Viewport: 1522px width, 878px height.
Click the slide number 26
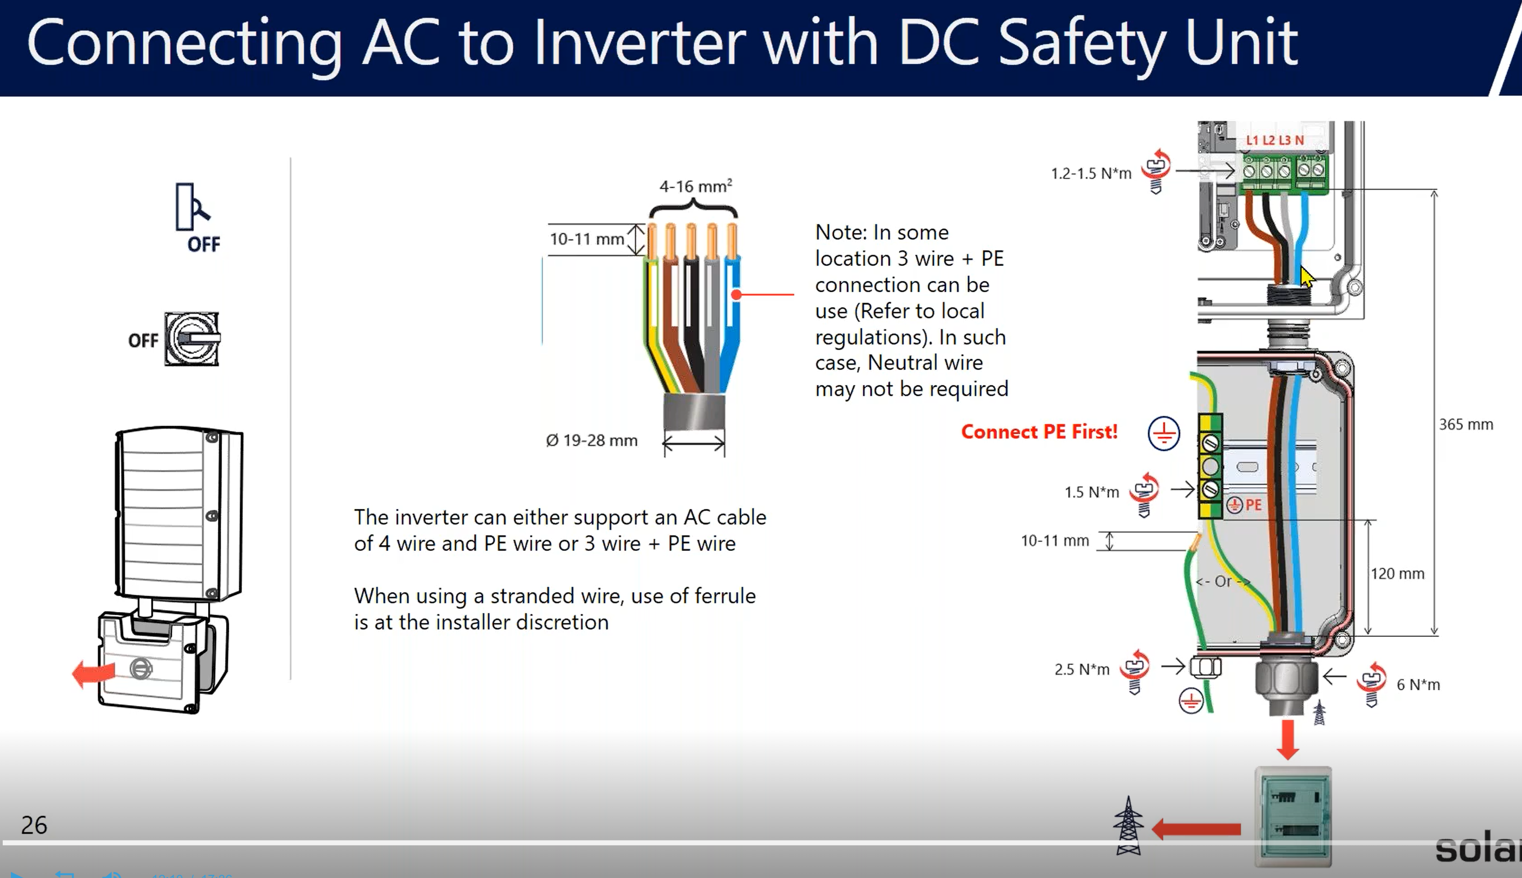(34, 824)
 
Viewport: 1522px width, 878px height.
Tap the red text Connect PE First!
(1039, 432)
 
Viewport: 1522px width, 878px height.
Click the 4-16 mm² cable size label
(695, 186)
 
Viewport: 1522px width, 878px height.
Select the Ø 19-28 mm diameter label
(591, 441)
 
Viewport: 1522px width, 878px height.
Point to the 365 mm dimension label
(1465, 425)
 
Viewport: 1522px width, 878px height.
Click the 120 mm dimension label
(1397, 574)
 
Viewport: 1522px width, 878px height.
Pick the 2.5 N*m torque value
(1082, 669)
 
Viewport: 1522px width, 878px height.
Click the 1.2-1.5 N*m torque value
(1091, 174)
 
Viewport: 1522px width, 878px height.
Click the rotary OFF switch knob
(192, 339)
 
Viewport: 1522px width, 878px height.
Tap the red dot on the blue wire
(736, 295)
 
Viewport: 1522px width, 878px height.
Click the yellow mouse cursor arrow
(1307, 277)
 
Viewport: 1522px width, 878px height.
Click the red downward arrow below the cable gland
(1287, 739)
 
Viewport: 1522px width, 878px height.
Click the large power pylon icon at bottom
(1128, 826)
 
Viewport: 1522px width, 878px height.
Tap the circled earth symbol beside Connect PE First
(1163, 433)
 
